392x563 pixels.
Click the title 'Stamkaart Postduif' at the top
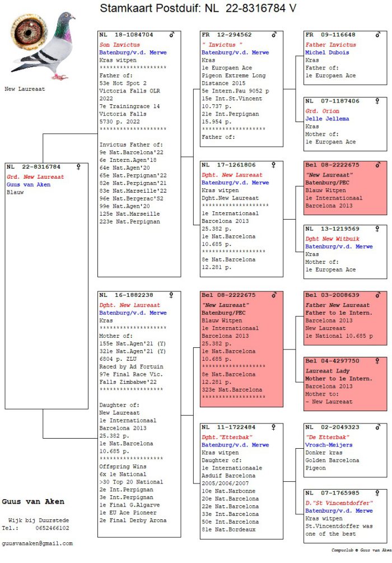(148, 8)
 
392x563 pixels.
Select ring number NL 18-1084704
(127, 35)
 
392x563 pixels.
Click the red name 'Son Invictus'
(119, 44)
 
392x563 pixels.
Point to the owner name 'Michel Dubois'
(327, 53)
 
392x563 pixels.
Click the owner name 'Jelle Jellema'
(327, 119)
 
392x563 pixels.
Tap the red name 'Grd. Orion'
(322, 111)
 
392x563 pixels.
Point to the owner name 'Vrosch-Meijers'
(329, 445)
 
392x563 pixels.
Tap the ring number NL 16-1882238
(127, 295)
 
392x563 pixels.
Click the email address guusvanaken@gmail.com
(38, 543)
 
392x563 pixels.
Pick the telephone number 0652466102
(53, 528)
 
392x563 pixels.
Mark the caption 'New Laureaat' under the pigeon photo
(25, 89)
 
